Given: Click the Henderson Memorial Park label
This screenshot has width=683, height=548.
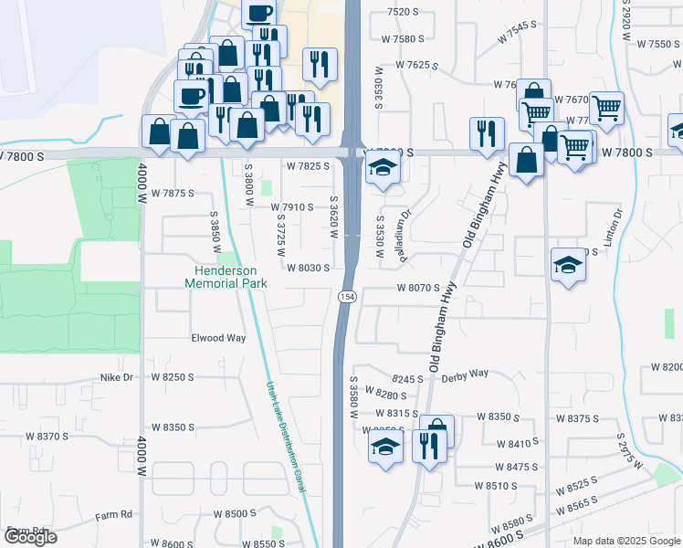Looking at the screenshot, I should (x=226, y=277).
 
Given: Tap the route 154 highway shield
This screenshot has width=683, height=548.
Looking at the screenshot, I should (x=347, y=298).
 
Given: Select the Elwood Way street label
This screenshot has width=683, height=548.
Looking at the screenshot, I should (x=218, y=338).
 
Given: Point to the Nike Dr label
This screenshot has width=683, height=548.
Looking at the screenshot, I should (x=116, y=376).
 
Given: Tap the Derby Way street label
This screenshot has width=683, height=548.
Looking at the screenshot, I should (x=465, y=374).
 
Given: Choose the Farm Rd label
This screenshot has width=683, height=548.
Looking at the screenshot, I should (x=114, y=514).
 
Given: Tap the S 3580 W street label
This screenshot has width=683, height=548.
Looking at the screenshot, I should (x=353, y=395).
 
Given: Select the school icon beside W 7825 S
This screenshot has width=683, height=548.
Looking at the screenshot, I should (x=383, y=168).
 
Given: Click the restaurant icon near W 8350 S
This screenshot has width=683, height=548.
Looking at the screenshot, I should (x=426, y=446).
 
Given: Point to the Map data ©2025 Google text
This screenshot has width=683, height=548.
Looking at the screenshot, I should (x=626, y=541).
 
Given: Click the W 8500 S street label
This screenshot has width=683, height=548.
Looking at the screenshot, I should (x=235, y=514).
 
